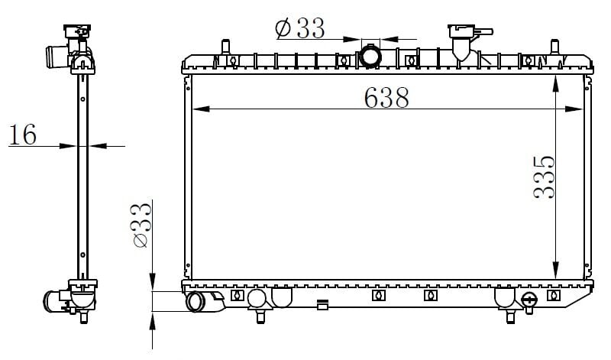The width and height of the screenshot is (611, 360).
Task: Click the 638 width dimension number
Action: tap(386, 97)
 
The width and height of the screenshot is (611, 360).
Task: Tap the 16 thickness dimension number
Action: tap(23, 135)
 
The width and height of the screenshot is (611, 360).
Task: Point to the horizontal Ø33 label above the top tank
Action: tap(299, 28)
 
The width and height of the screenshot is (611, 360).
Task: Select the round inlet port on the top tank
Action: tap(371, 56)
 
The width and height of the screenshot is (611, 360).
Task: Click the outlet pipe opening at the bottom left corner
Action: tap(196, 302)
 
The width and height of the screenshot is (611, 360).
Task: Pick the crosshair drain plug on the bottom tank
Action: tap(529, 298)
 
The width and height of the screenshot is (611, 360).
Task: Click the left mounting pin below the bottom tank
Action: tap(260, 313)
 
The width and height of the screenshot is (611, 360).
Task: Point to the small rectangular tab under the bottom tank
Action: tap(323, 306)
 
